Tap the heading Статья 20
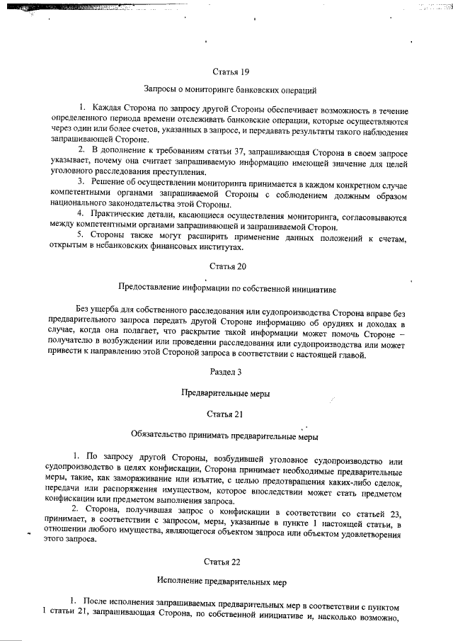[x=226, y=266]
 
